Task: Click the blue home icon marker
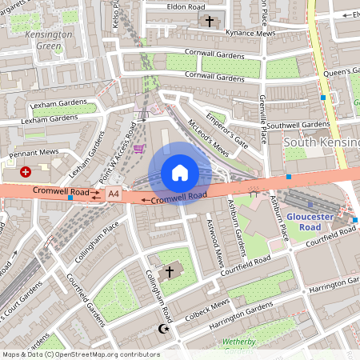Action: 180,172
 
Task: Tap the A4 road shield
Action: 113,194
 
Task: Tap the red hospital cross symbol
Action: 26,171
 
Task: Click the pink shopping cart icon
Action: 140,148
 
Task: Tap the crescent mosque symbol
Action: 166,329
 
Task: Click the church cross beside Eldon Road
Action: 210,21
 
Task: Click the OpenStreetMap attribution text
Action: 81,354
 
